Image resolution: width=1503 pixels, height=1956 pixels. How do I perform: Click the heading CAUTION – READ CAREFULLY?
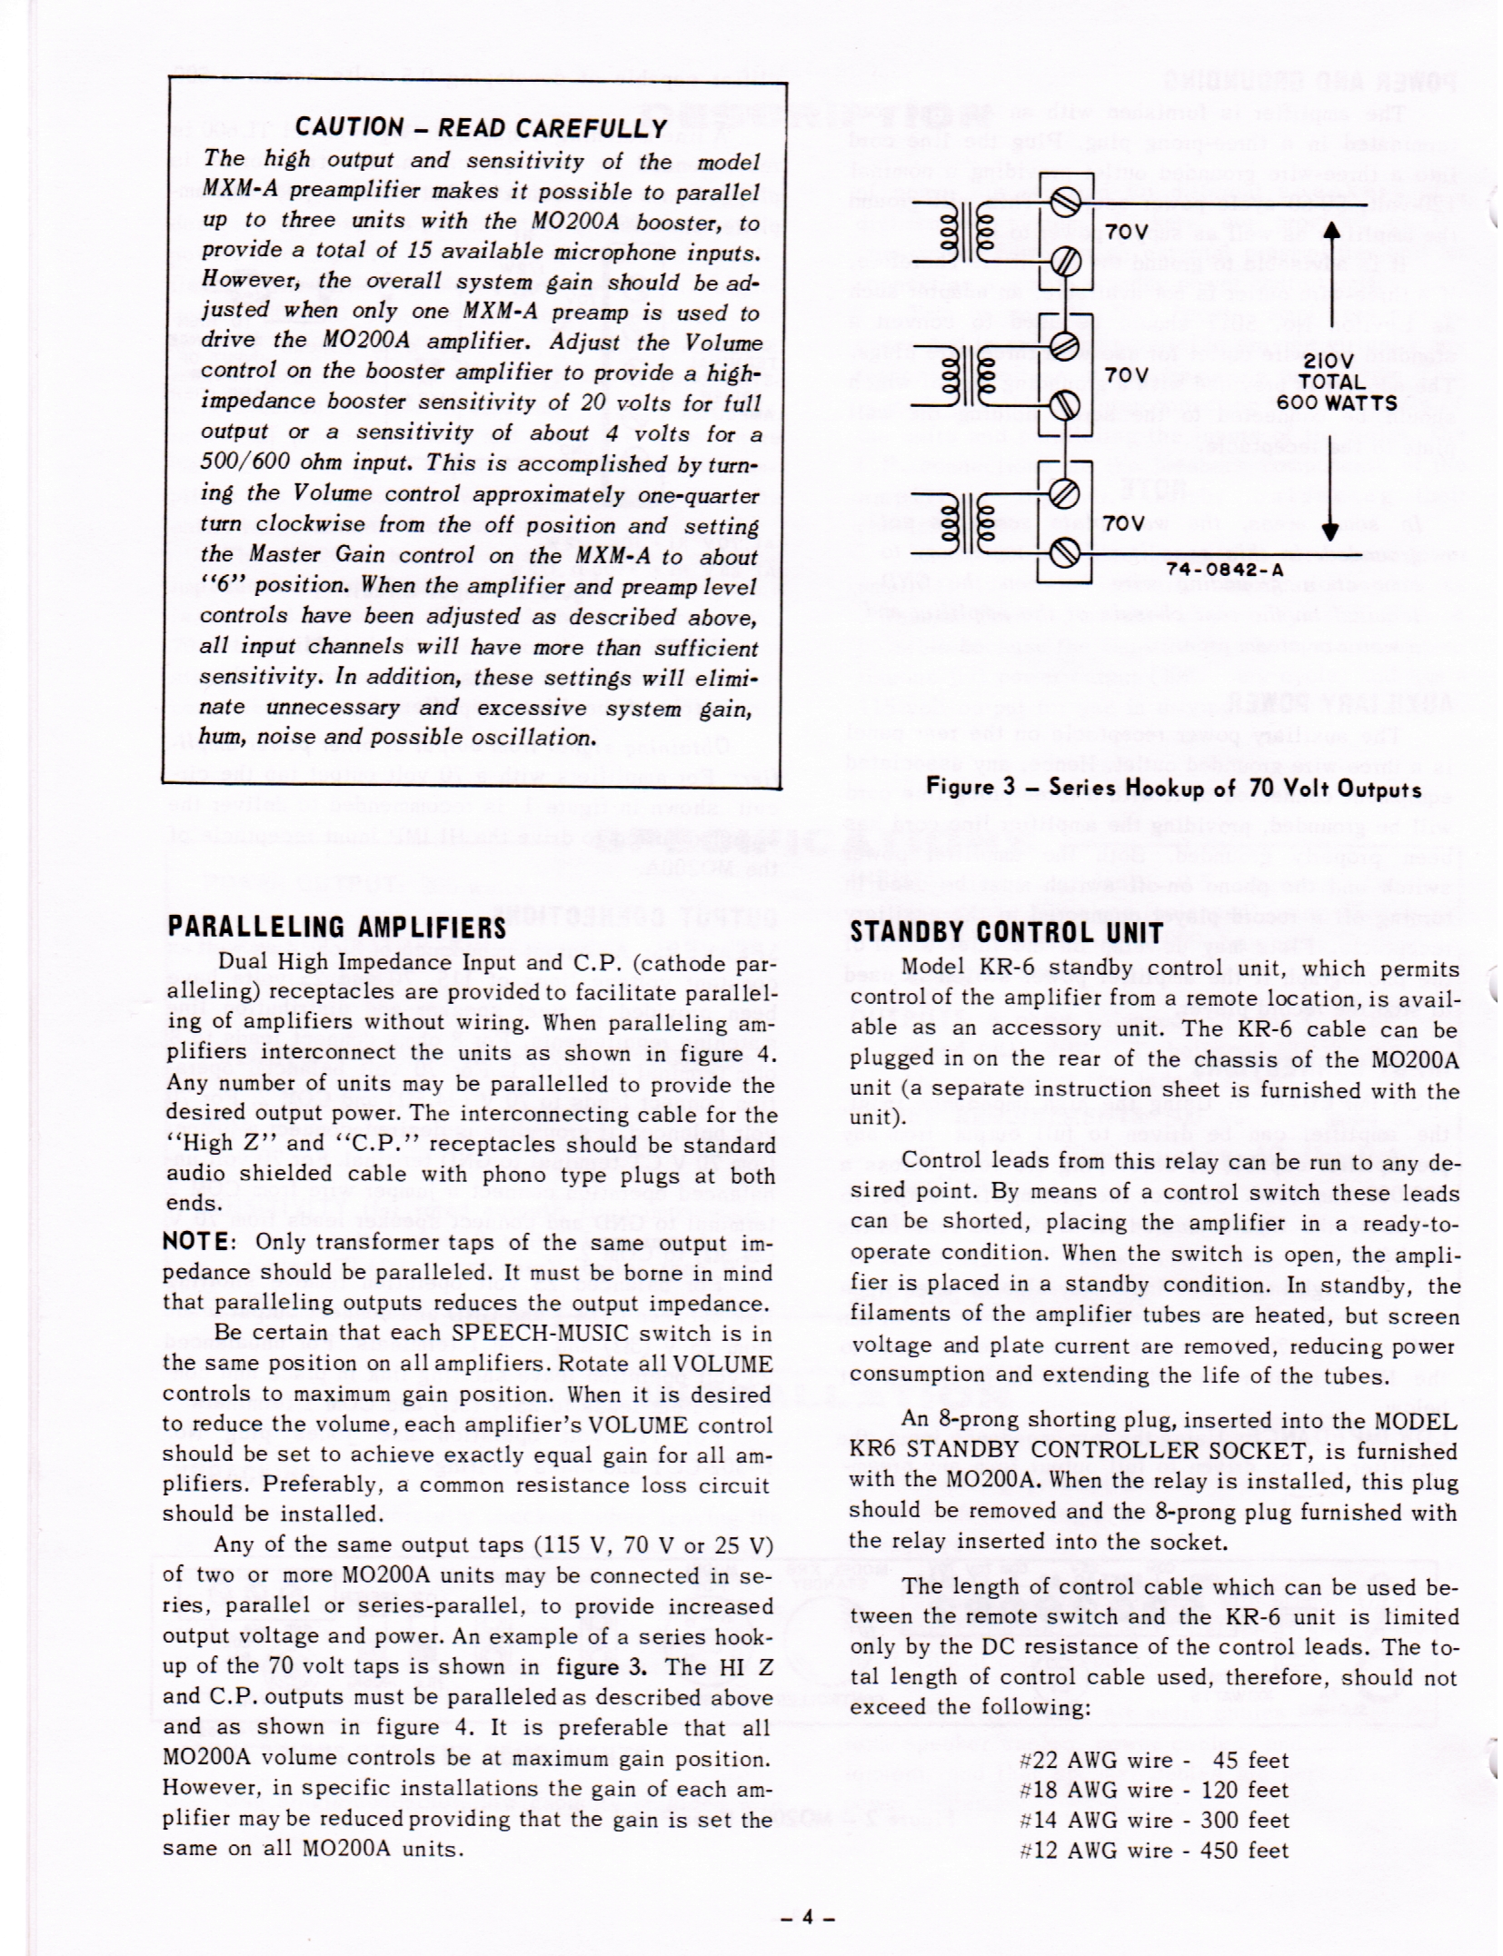coord(481,128)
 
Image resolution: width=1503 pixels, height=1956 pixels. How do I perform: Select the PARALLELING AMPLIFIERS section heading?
coord(337,928)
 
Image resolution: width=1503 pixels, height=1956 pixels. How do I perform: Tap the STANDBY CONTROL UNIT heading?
coord(1006,932)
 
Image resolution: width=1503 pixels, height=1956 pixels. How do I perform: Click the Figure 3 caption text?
coord(1173,788)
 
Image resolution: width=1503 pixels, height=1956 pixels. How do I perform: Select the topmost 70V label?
coord(1128,232)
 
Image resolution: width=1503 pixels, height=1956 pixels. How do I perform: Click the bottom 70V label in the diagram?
coord(1128,523)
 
